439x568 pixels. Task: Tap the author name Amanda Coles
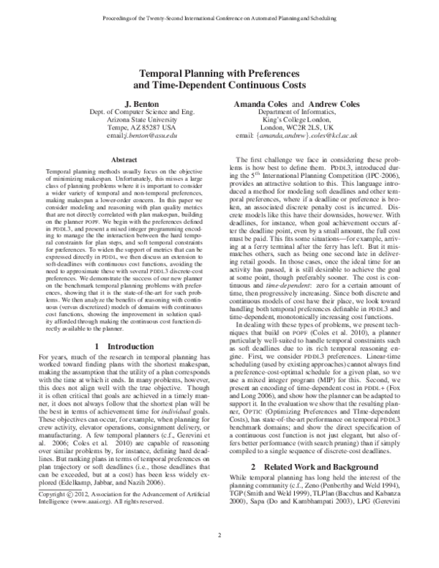point(261,106)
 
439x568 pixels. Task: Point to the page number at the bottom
point(219,556)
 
